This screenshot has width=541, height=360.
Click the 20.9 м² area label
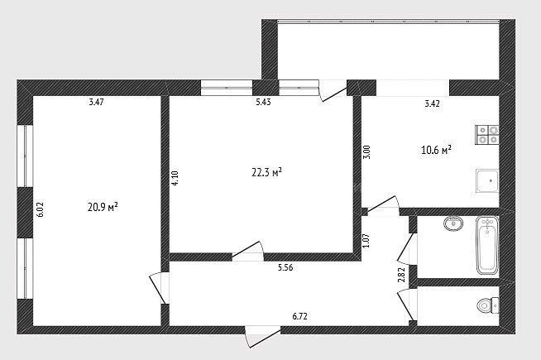pos(103,208)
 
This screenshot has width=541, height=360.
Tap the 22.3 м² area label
pos(267,172)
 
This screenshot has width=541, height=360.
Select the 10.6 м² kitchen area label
pos(437,150)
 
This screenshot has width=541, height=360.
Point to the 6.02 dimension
pos(41,209)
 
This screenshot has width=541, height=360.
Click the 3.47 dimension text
pos(96,102)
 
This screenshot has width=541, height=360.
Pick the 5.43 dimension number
pos(263,102)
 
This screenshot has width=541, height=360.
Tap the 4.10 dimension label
pos(175,179)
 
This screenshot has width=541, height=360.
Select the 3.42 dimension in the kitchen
pos(432,104)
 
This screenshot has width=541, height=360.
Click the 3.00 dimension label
pos(367,152)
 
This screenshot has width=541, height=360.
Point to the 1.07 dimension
pos(366,241)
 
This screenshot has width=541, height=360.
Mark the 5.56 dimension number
pos(285,267)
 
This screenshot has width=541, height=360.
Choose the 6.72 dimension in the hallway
pos(299,316)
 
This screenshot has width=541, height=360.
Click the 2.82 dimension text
pos(401,275)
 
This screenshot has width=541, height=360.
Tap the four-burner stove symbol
pos(487,135)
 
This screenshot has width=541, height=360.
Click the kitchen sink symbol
pos(487,180)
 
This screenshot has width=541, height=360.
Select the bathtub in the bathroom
pos(487,246)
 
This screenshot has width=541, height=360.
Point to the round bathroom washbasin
pos(453,223)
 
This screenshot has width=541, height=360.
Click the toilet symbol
pos(487,305)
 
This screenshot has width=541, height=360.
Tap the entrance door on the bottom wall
pos(262,336)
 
